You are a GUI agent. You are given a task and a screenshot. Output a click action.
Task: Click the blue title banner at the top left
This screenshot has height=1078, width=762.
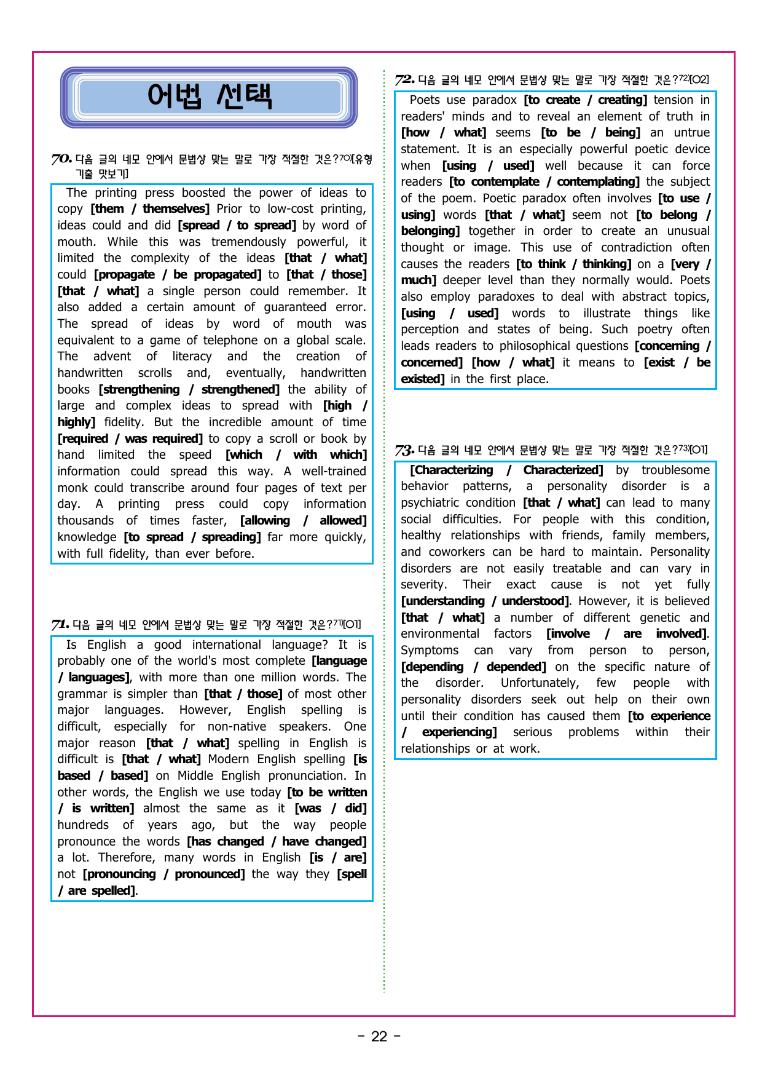[209, 97]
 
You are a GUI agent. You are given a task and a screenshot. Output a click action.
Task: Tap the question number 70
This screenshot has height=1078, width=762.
[61, 160]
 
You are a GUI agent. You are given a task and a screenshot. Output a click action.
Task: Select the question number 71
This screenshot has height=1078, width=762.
[60, 625]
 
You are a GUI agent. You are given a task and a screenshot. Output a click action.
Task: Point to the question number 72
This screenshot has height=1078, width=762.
[404, 80]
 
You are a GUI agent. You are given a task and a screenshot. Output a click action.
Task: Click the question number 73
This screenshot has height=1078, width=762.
[404, 450]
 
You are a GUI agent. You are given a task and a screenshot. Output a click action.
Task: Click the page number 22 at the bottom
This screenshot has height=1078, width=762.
[379, 1037]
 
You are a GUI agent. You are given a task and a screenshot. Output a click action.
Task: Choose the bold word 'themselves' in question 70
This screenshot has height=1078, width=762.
[175, 209]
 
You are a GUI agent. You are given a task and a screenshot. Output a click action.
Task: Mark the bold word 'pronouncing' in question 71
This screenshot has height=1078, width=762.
[120, 874]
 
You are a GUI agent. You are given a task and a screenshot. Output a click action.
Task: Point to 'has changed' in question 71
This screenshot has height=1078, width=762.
[227, 842]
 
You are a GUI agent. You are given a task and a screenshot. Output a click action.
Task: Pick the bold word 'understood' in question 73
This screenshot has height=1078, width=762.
[534, 601]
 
